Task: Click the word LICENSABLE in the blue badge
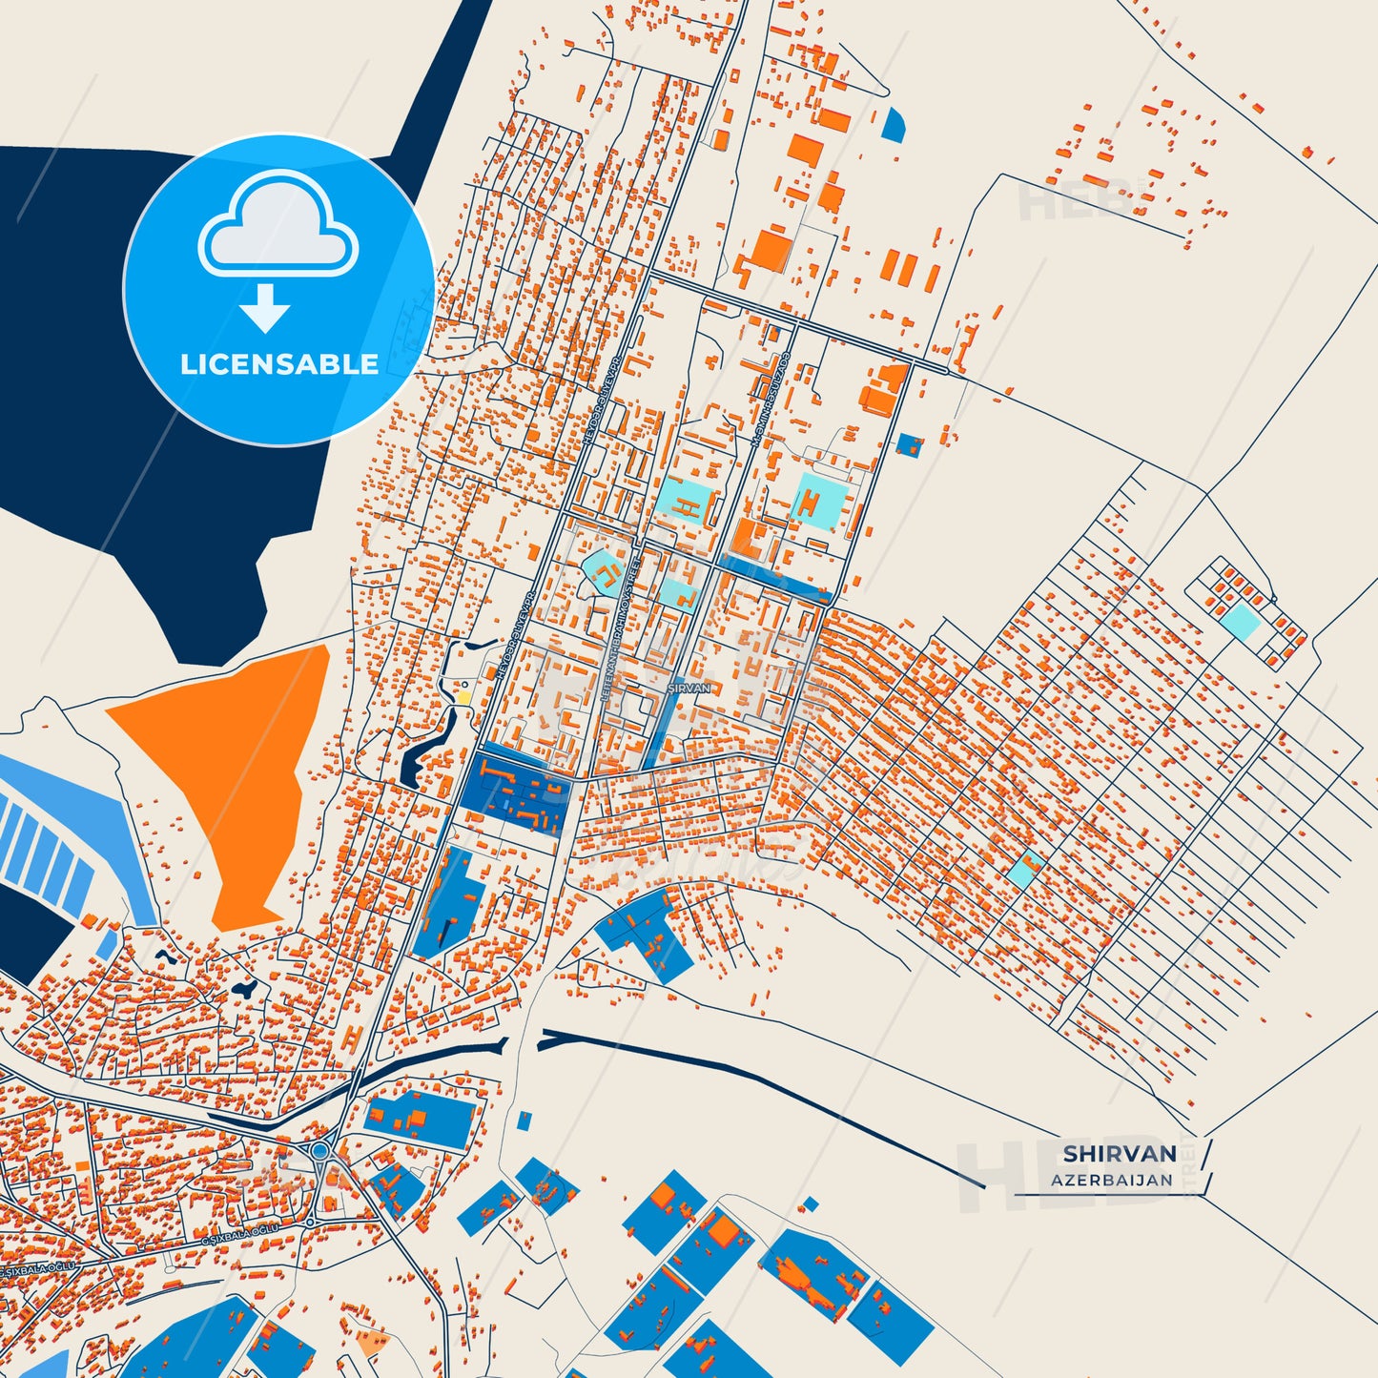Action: (x=278, y=364)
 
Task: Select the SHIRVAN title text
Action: (x=1120, y=1153)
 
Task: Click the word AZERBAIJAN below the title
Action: (x=1112, y=1180)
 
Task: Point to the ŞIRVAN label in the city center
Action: (x=689, y=688)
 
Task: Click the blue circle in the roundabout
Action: (x=319, y=1151)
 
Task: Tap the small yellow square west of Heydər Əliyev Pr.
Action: (x=464, y=696)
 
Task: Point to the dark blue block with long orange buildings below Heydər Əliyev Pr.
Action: (x=515, y=790)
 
